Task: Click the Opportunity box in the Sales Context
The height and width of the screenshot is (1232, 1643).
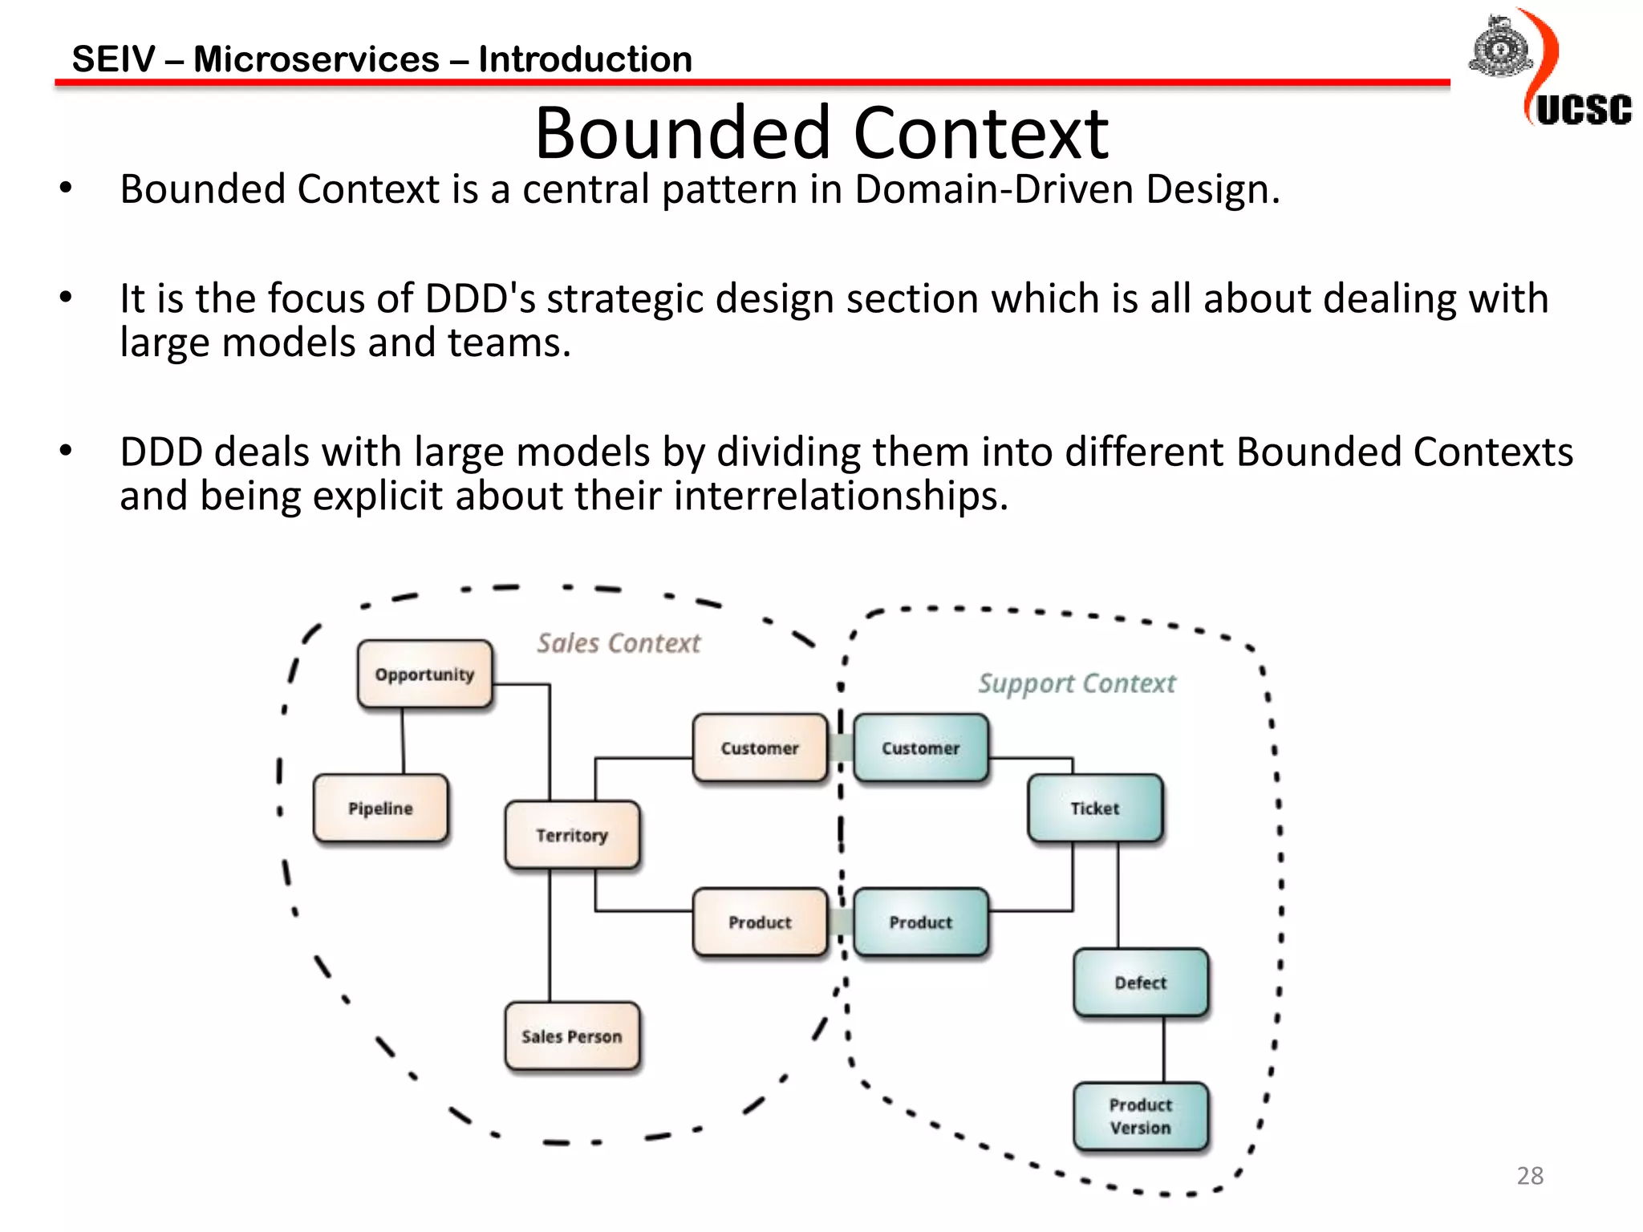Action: (424, 674)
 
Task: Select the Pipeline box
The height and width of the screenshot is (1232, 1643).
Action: (380, 808)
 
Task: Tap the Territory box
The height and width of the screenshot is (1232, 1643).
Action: (572, 835)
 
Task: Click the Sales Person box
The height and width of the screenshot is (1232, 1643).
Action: (572, 1035)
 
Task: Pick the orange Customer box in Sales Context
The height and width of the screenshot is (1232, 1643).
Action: (760, 748)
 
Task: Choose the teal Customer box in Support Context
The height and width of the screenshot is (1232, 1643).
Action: (920, 748)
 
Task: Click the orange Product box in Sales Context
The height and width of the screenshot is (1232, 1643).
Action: (760, 922)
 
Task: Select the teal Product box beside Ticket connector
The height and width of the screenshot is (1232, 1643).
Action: (920, 922)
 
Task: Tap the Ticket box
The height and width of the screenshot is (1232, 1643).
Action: (1094, 808)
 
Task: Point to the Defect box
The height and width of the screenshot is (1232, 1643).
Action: (1140, 982)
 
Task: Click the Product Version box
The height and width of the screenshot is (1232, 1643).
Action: (1140, 1116)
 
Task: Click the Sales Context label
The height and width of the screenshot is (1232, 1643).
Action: (619, 642)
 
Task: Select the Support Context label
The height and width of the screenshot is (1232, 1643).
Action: (1077, 683)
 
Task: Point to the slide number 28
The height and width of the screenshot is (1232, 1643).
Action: (1530, 1175)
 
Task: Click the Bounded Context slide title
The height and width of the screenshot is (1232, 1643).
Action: (821, 132)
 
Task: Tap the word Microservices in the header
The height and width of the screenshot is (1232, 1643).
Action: (316, 59)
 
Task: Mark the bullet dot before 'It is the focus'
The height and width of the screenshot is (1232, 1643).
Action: (66, 298)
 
